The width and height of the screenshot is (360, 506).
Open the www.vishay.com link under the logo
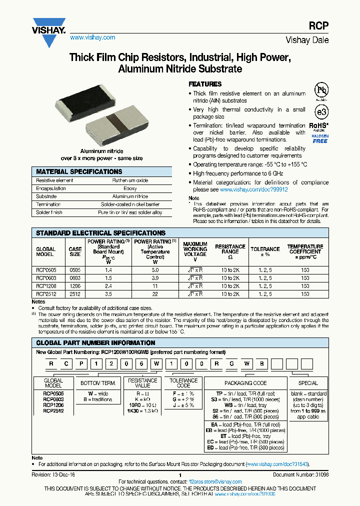click(92, 37)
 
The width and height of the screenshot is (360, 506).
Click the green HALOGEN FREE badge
click(320, 138)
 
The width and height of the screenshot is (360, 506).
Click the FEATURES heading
click(204, 84)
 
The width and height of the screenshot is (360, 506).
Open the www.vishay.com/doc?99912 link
click(253, 190)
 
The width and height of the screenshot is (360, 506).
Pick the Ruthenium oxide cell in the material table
click(130, 180)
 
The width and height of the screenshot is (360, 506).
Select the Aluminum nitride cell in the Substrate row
click(130, 196)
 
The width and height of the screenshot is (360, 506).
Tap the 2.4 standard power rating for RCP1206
click(109, 286)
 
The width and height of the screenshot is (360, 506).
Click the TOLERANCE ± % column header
click(265, 251)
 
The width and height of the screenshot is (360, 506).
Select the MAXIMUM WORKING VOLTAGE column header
click(195, 251)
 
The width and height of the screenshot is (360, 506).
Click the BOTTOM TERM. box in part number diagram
click(98, 383)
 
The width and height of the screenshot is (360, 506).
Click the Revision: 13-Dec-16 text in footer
click(53, 475)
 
